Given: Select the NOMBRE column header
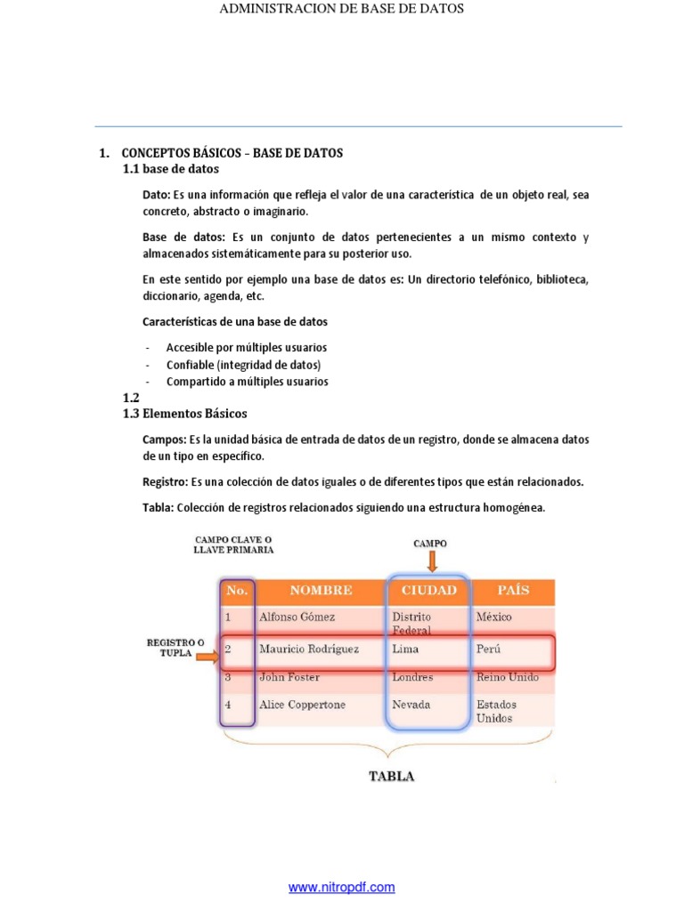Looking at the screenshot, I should [x=320, y=590].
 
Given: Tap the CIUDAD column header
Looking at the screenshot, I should [x=428, y=590].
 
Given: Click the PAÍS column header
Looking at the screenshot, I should [x=512, y=590].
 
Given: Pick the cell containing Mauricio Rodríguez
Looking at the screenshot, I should [x=309, y=649].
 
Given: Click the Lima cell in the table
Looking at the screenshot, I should [x=405, y=649].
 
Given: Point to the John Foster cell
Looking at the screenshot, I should [x=289, y=677].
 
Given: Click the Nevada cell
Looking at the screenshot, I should [x=411, y=705].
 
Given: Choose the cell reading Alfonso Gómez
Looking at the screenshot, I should [x=297, y=617].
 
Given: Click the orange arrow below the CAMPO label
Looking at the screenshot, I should [x=430, y=561].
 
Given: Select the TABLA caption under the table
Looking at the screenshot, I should [x=392, y=776].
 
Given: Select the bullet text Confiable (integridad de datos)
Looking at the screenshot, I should [x=243, y=365].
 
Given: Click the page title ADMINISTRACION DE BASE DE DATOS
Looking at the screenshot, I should [x=341, y=9].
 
